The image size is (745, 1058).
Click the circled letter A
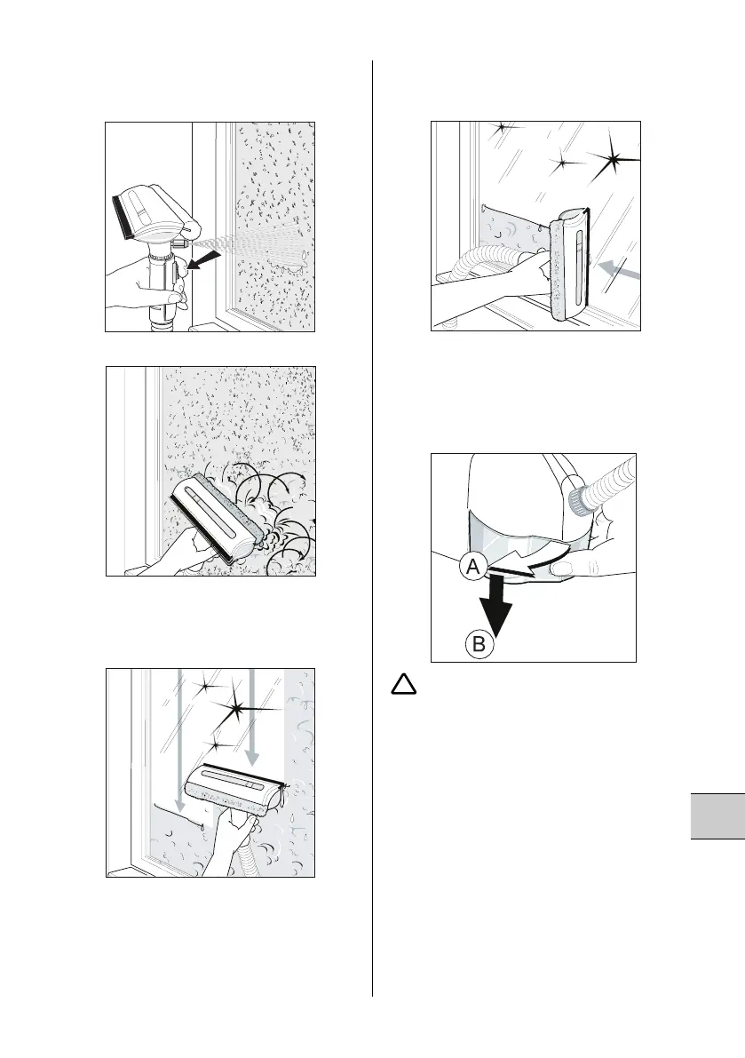point(473,568)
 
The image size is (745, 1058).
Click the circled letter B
point(479,644)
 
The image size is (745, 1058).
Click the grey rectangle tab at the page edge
point(717,816)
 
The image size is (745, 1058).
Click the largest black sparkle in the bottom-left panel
point(238,708)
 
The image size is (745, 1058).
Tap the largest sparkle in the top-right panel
point(614,159)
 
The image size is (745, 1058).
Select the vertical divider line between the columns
point(372,529)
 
